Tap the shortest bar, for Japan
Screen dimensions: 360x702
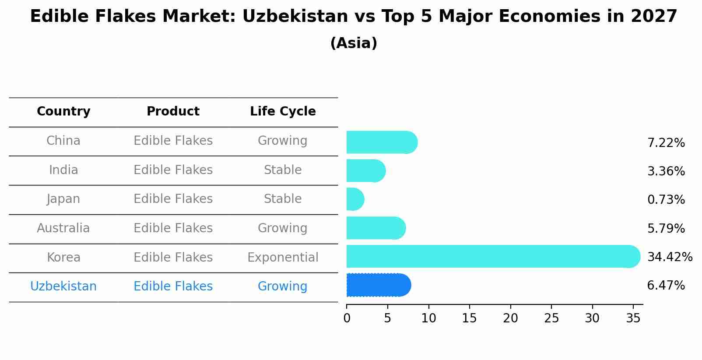[355, 199]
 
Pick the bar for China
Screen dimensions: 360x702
[381, 142]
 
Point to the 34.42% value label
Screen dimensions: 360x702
[670, 257]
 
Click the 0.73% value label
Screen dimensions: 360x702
[666, 200]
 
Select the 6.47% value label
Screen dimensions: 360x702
[666, 286]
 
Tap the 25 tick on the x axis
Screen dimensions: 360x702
[551, 318]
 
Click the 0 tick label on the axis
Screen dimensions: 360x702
[347, 318]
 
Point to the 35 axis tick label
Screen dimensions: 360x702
[633, 318]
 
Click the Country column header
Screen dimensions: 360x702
[63, 112]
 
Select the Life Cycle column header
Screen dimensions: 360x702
[283, 112]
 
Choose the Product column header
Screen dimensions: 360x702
[173, 112]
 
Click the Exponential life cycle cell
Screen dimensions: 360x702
[283, 257]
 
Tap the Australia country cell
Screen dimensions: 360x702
[63, 228]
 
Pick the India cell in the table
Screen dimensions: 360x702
[63, 170]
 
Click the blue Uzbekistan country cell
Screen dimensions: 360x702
[63, 287]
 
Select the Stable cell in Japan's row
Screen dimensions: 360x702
[283, 199]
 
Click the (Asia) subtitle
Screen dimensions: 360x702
[354, 43]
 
